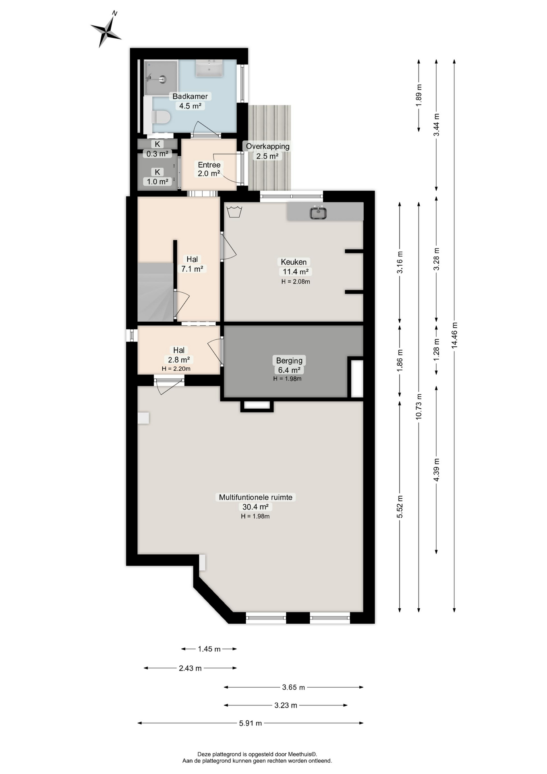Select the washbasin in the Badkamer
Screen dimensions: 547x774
(x=209, y=68)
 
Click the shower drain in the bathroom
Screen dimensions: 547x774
(x=163, y=79)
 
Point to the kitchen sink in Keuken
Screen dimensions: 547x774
(x=318, y=212)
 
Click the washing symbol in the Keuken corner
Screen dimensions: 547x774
(x=234, y=212)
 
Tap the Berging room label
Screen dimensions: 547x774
(x=289, y=360)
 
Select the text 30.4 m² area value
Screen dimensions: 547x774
(x=255, y=507)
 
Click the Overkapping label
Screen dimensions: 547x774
(x=268, y=146)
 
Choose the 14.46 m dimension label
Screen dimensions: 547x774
(x=454, y=335)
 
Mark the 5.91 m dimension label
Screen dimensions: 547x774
(x=251, y=723)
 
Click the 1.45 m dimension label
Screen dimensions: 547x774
(x=209, y=649)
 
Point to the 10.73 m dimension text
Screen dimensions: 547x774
(x=419, y=406)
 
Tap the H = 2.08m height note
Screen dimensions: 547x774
(x=296, y=282)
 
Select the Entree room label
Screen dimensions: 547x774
(x=209, y=165)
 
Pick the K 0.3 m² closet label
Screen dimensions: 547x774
(x=157, y=149)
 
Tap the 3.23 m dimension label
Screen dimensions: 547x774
(x=286, y=705)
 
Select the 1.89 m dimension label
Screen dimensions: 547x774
(x=419, y=96)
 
